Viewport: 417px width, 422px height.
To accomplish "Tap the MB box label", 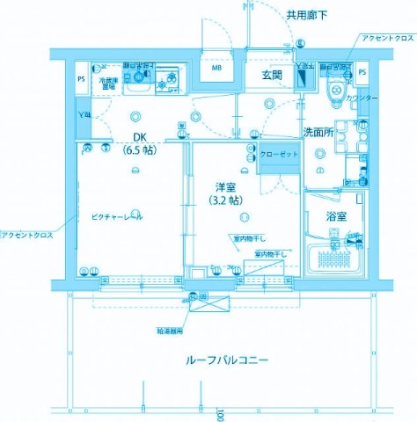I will pyautogui.click(x=216, y=67).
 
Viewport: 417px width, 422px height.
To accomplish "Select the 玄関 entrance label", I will pyautogui.click(x=270, y=76).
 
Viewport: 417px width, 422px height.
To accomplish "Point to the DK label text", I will pyautogui.click(x=140, y=136).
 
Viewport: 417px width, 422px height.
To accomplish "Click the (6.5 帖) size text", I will pyautogui.click(x=139, y=149).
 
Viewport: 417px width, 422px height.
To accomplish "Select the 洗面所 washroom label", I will pyautogui.click(x=318, y=131).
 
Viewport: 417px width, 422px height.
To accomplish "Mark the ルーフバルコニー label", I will pyautogui.click(x=227, y=360).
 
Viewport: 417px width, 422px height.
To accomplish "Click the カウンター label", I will pyautogui.click(x=362, y=98).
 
